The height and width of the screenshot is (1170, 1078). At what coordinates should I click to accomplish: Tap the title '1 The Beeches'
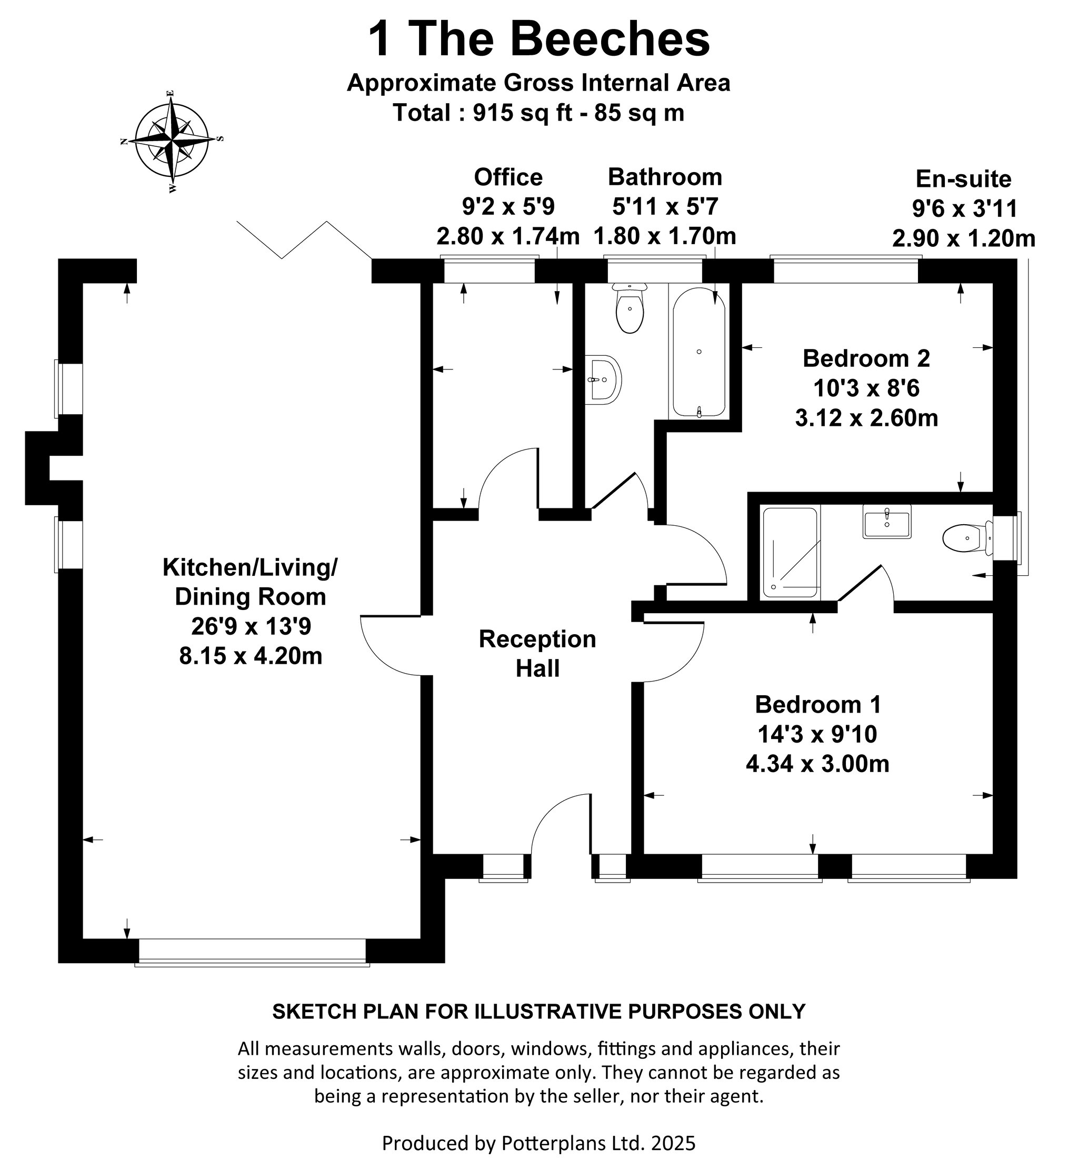(538, 39)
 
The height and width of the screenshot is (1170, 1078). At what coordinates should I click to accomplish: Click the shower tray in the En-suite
(790, 552)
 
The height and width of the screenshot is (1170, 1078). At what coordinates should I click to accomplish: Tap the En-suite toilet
(967, 538)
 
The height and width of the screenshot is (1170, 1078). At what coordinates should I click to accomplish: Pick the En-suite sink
(887, 521)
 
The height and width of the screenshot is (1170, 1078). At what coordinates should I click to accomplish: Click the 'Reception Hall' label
(537, 654)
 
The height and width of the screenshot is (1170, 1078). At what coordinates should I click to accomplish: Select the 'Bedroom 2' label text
(866, 358)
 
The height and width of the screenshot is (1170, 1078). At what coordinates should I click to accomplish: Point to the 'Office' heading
(508, 177)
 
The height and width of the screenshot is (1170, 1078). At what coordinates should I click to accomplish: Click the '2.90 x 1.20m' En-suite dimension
(964, 238)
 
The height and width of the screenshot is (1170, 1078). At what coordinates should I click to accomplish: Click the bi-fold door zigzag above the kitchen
(304, 239)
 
